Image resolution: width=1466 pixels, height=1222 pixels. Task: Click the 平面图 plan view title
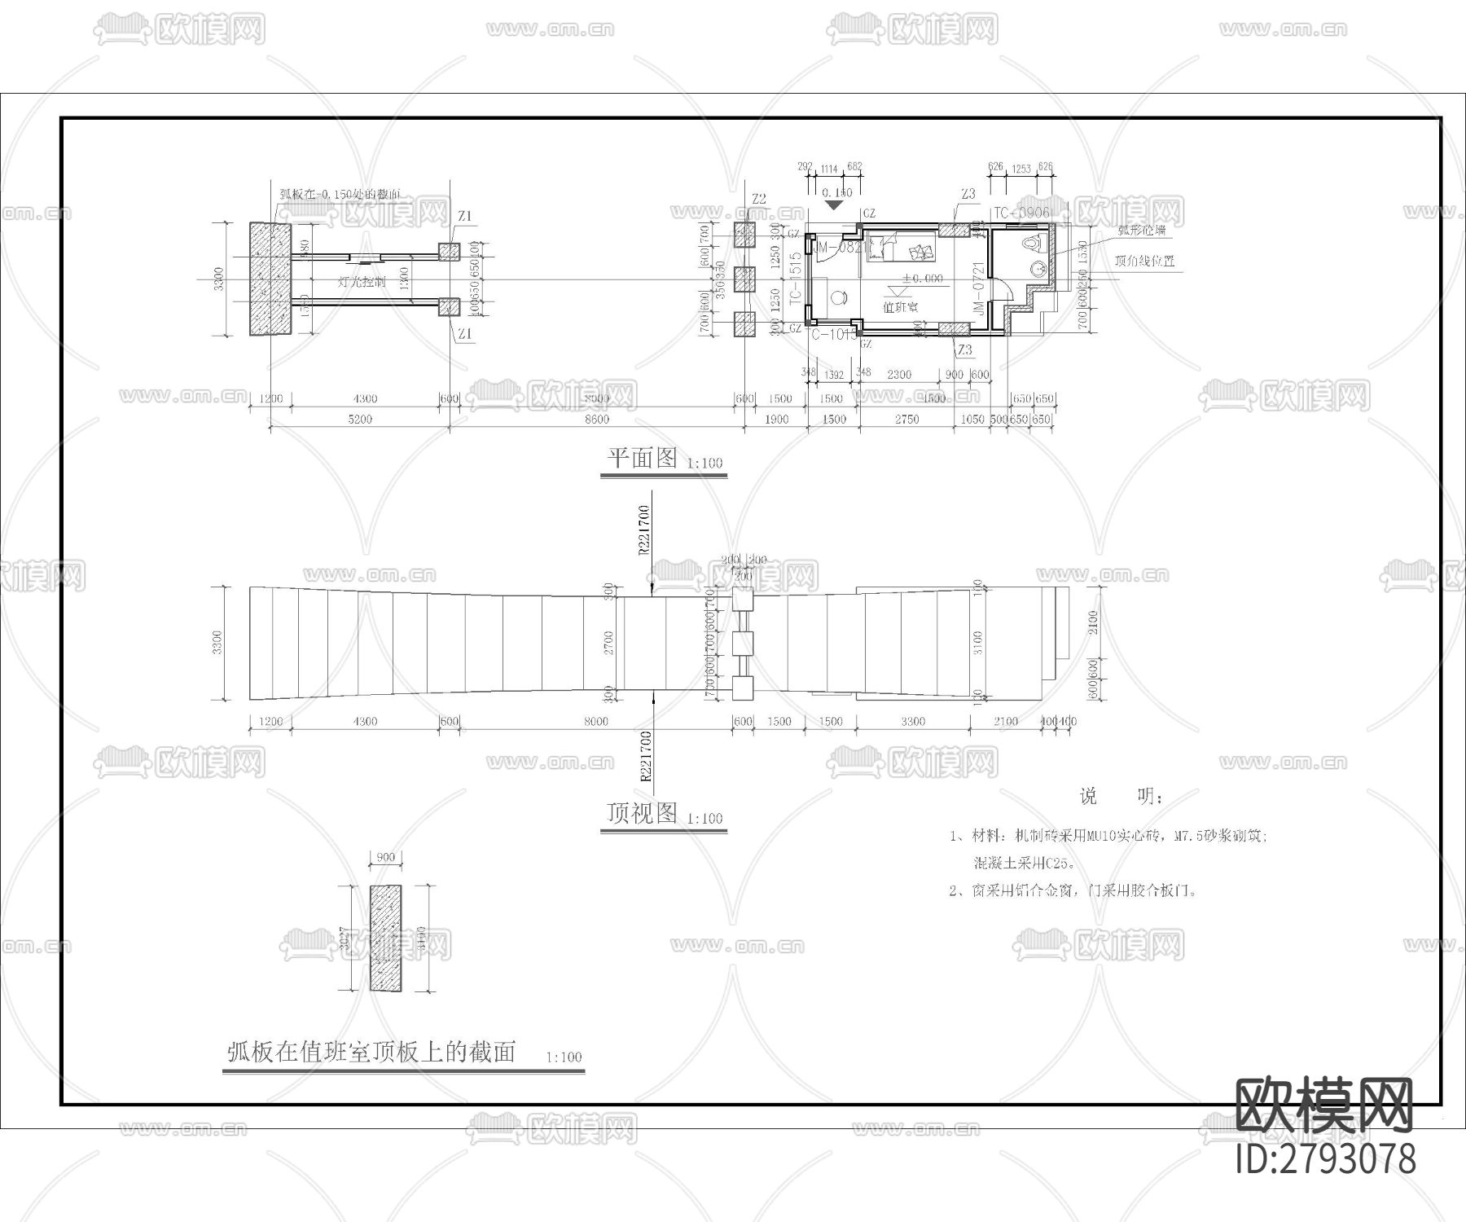click(642, 458)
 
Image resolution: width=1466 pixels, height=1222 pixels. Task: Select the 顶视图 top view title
click(642, 813)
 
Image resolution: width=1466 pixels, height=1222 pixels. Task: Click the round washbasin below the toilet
click(1038, 268)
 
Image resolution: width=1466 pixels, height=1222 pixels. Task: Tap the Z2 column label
click(759, 199)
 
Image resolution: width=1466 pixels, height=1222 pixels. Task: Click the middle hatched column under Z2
click(744, 279)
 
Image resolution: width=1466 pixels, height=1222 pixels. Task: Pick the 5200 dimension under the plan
click(359, 419)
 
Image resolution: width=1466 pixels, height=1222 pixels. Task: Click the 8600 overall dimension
click(596, 419)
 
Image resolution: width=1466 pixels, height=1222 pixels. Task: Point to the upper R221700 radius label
click(643, 530)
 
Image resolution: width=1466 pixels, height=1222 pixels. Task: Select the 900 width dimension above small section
click(385, 857)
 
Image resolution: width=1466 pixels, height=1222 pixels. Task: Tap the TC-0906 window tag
click(1021, 213)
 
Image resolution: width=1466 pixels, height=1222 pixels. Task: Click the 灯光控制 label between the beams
click(362, 283)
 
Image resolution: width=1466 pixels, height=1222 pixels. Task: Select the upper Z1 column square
click(448, 251)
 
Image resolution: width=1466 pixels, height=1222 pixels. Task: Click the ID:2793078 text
click(1325, 1158)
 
